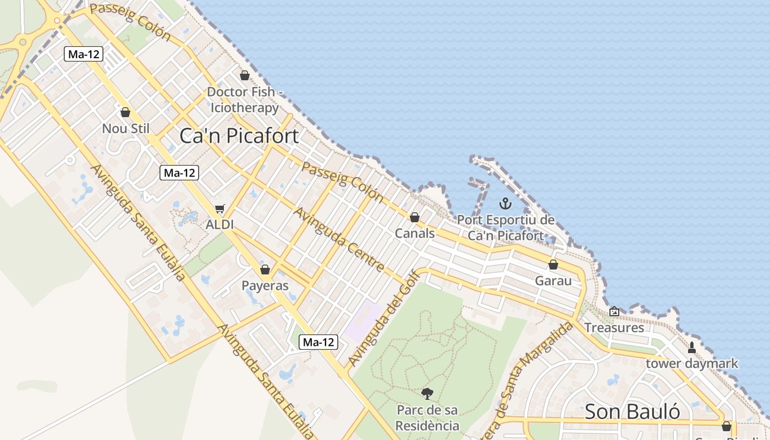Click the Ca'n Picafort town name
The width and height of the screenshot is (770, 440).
click(239, 136)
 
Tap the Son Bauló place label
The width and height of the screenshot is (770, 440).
click(632, 411)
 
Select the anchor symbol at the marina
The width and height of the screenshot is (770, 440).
click(505, 204)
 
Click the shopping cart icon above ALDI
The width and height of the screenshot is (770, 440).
click(220, 209)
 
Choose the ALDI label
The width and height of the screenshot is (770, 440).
click(219, 224)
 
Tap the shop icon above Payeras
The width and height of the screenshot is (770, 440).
click(265, 269)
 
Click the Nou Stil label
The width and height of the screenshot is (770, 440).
click(125, 129)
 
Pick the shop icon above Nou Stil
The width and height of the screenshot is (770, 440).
click(125, 112)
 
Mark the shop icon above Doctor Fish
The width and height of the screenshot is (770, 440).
click(245, 75)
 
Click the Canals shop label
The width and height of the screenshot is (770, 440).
click(415, 233)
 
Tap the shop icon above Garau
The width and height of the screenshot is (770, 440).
click(553, 265)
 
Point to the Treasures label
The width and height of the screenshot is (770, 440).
click(614, 328)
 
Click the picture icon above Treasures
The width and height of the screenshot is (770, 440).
click(614, 312)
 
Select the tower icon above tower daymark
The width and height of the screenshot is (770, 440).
click(692, 347)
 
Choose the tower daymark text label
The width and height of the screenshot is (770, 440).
click(692, 364)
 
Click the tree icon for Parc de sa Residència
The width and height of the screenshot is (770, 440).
click(427, 394)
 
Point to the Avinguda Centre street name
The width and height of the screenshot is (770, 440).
click(339, 240)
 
